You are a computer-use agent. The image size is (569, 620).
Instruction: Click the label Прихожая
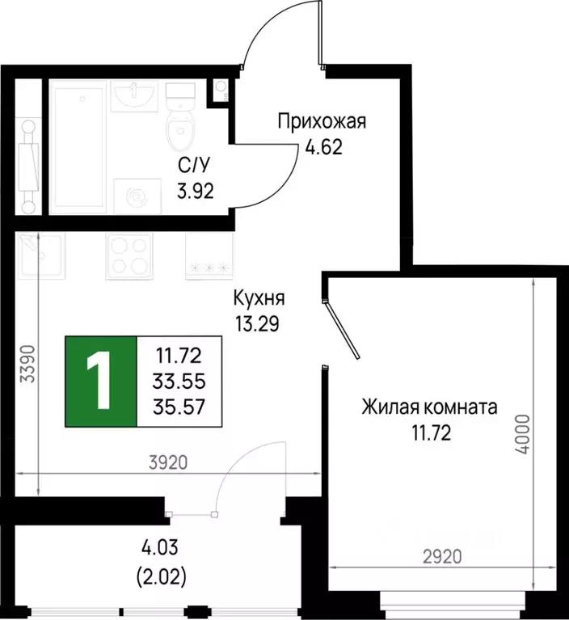tap(322, 122)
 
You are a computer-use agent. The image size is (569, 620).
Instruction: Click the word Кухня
tap(258, 298)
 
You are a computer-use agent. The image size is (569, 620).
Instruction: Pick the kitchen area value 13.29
tap(258, 324)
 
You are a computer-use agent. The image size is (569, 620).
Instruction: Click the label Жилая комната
tap(429, 407)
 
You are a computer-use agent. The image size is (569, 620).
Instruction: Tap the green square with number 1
tap(101, 381)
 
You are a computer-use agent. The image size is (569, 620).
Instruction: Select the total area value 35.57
tap(180, 407)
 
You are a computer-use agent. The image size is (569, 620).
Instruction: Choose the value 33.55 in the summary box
tap(180, 381)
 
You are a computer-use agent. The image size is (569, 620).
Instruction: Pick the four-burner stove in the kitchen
tap(126, 257)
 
